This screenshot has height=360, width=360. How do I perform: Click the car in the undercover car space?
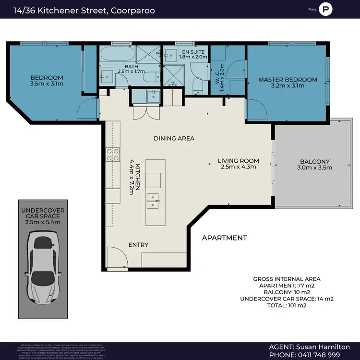(43, 266)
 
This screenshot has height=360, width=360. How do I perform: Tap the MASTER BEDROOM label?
(288, 80)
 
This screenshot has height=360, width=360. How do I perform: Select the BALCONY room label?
(315, 162)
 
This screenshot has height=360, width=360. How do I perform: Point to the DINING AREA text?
(174, 138)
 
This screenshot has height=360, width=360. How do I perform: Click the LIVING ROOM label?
(238, 161)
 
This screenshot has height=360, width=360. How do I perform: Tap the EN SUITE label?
(192, 51)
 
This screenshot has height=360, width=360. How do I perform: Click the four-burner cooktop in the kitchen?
(113, 154)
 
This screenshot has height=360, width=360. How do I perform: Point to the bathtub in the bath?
(116, 54)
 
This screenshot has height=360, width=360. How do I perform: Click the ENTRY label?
(138, 245)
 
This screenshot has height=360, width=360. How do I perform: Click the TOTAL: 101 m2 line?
(287, 305)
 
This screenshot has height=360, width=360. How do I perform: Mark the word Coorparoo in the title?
(133, 10)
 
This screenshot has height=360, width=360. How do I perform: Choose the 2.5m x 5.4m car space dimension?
(43, 222)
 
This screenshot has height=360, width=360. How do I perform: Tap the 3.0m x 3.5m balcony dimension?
(315, 168)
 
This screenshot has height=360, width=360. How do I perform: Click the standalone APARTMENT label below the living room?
(224, 238)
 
